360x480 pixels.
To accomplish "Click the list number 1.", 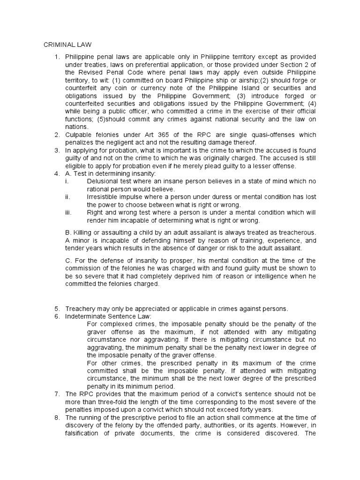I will pos(56,57).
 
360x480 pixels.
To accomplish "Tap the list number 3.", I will pos(56,150).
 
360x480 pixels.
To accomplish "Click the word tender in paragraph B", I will pos(75,248).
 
